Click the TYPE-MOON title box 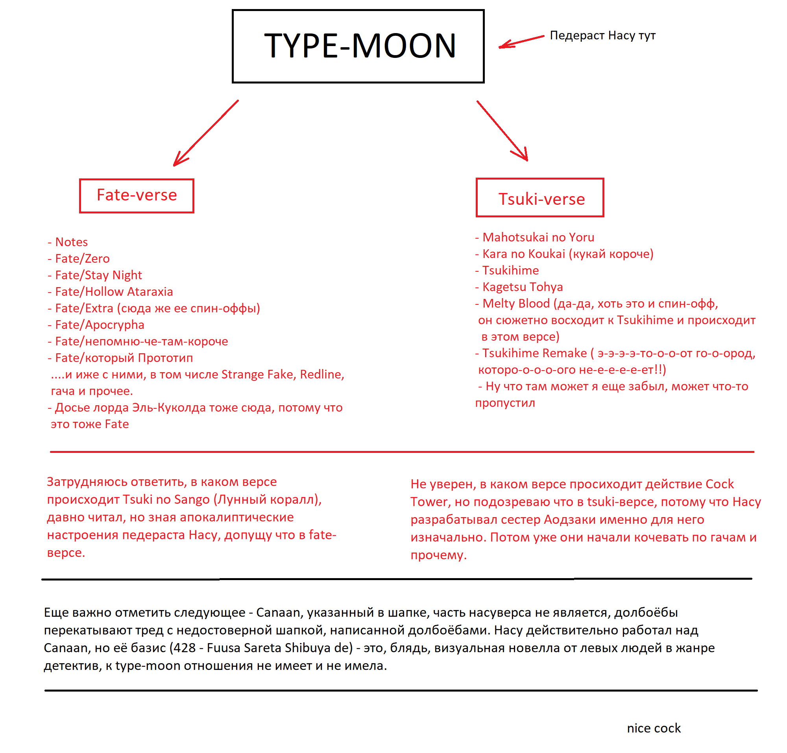pos(358,46)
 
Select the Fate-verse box pos(137,195)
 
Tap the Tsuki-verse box pos(539,198)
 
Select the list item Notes pos(71,242)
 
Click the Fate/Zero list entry pos(82,258)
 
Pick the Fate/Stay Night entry pos(98,275)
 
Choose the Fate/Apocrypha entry pos(100,325)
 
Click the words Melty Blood pos(515,304)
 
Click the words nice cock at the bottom pos(653,728)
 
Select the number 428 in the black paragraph pos(184,648)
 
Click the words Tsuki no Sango pos(166,499)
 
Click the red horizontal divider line pos(401,452)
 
